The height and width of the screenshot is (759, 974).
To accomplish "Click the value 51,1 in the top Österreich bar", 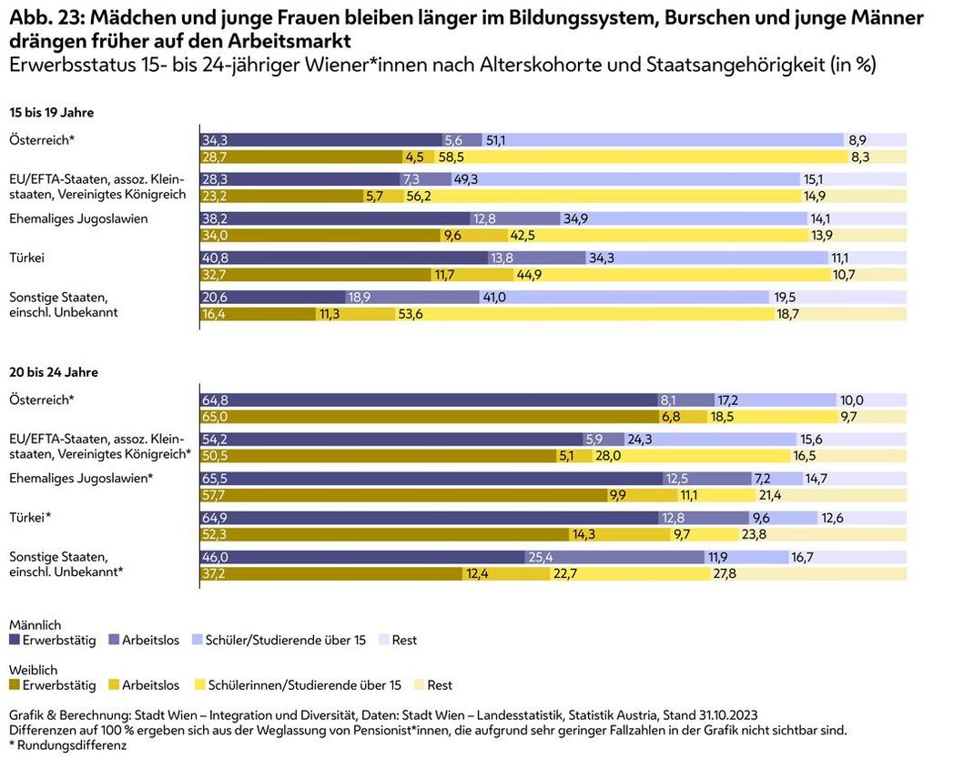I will pyautogui.click(x=496, y=140).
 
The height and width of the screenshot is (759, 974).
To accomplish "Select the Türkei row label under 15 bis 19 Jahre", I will pyautogui.click(x=26, y=258).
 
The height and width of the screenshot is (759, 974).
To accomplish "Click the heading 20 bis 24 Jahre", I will pyautogui.click(x=54, y=372).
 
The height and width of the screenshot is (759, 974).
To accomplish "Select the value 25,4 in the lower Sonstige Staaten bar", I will pyautogui.click(x=539, y=557).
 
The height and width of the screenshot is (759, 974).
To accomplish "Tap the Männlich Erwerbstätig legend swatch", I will pyautogui.click(x=15, y=641).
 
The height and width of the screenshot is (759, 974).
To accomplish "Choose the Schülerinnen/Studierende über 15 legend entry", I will pyautogui.click(x=304, y=685).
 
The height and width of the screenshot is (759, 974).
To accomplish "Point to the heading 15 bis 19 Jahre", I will pyautogui.click(x=51, y=113).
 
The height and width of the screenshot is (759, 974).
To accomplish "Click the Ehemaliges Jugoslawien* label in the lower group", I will pyautogui.click(x=79, y=478).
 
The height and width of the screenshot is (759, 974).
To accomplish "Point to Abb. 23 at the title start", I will pyautogui.click(x=37, y=17).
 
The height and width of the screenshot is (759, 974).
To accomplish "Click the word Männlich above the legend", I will pyautogui.click(x=35, y=625).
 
